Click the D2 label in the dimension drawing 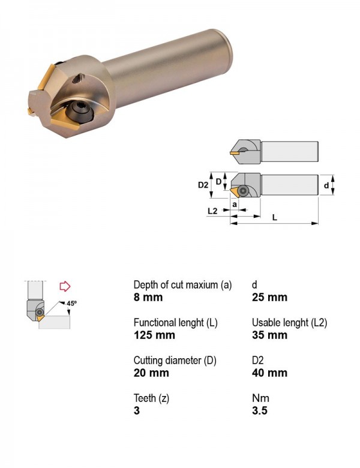(203, 185)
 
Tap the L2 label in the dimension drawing (212, 211)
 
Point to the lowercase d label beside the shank (326, 185)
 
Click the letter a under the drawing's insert (235, 205)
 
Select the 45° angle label (71, 303)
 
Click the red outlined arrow (65, 286)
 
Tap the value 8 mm (148, 297)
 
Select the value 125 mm (154, 335)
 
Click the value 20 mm (151, 373)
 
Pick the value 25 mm (269, 297)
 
